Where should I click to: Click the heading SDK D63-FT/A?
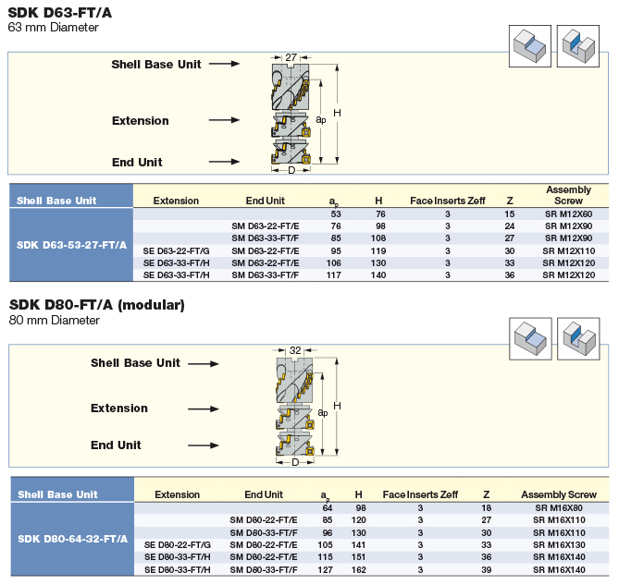pyautogui.click(x=59, y=13)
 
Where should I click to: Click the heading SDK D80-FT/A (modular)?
pyautogui.click(x=97, y=305)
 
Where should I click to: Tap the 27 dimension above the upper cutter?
pyautogui.click(x=291, y=57)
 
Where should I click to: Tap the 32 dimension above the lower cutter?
pyautogui.click(x=295, y=350)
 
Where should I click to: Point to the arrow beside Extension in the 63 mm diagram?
pyautogui.click(x=224, y=120)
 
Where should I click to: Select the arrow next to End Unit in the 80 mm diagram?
pyautogui.click(x=204, y=445)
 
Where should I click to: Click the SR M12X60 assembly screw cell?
pyautogui.click(x=568, y=214)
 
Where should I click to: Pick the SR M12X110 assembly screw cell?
pyautogui.click(x=568, y=251)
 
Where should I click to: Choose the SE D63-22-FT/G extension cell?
pyautogui.click(x=176, y=251)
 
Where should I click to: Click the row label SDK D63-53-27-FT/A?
pyautogui.click(x=71, y=245)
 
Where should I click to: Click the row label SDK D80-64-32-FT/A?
pyautogui.click(x=73, y=539)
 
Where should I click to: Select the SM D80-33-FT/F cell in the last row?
pyautogui.click(x=264, y=570)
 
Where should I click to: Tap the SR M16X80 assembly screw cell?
pyautogui.click(x=559, y=508)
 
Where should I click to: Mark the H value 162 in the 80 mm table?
pyautogui.click(x=358, y=570)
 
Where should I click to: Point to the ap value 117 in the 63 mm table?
pyautogui.click(x=334, y=275)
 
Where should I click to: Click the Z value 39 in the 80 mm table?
pyautogui.click(x=487, y=570)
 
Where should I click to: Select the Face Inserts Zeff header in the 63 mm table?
pyautogui.click(x=448, y=201)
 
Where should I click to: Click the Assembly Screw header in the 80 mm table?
pyautogui.click(x=559, y=494)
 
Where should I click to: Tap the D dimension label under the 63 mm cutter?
pyautogui.click(x=291, y=170)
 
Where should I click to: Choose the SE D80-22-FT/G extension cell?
pyautogui.click(x=178, y=545)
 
